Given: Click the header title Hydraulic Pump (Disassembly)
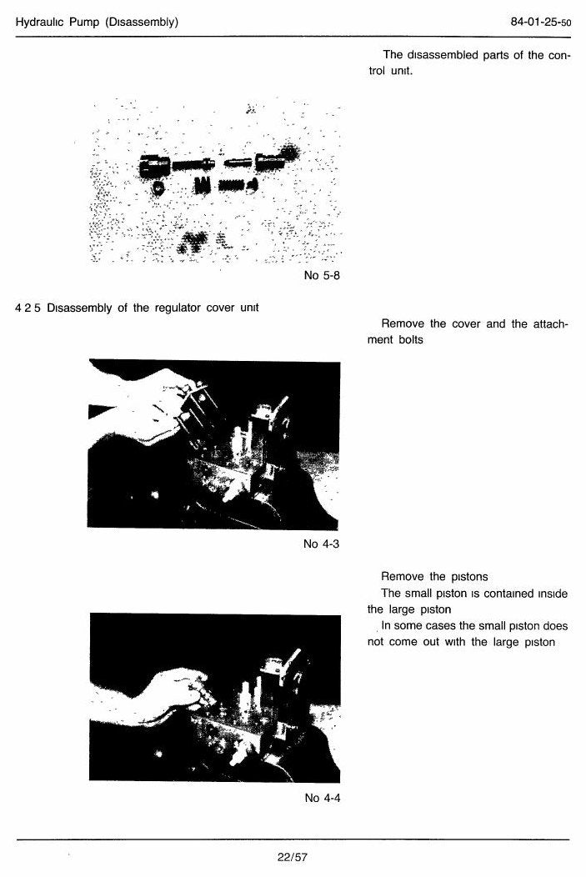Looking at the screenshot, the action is click(x=97, y=23).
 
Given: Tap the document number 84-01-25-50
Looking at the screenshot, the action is click(x=541, y=23).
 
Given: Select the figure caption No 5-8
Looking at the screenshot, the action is click(x=322, y=275).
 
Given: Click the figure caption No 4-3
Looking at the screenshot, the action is click(x=322, y=544).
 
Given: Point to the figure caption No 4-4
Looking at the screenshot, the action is click(x=323, y=798).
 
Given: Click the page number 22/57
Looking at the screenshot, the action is click(x=293, y=857).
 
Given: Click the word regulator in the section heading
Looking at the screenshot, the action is click(x=178, y=308).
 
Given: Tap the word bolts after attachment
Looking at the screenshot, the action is click(x=411, y=339).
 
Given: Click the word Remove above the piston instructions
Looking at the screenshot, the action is click(x=403, y=576).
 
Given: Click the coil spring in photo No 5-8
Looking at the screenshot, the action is click(x=233, y=184).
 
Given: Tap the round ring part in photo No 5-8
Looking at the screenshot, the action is click(x=158, y=188).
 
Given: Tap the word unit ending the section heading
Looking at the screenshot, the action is click(x=249, y=308).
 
